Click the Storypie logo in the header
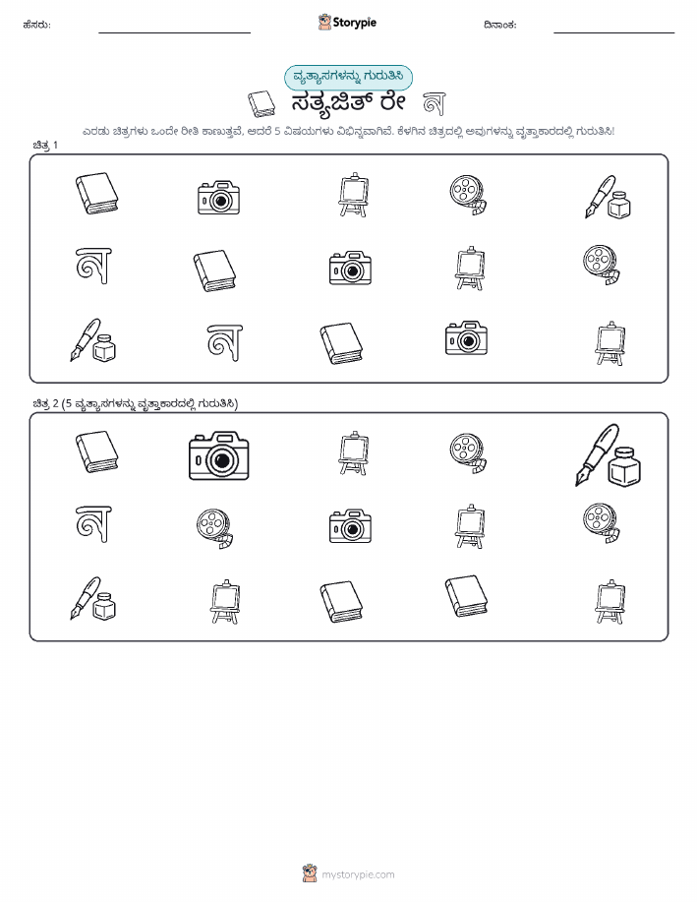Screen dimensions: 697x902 [347, 23]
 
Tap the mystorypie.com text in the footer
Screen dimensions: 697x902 [358, 874]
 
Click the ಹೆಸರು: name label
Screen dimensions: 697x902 [36, 25]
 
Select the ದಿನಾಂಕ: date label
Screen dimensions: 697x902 [500, 25]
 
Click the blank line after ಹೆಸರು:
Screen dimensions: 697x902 [174, 32]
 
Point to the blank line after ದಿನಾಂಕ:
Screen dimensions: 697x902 [613, 32]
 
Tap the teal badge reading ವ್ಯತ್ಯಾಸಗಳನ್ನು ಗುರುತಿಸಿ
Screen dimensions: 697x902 [348, 78]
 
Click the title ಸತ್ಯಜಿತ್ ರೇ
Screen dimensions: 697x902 [348, 103]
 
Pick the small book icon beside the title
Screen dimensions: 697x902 [261, 103]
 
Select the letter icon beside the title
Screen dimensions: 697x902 [435, 103]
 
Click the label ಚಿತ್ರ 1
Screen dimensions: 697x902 [45, 145]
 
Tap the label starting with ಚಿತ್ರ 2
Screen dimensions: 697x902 [135, 404]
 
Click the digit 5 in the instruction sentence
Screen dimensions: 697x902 [277, 131]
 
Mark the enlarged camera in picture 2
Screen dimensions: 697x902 [219, 455]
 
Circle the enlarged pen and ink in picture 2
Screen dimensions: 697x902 [609, 455]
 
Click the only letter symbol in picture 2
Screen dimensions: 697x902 [93, 523]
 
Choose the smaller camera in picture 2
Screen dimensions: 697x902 [350, 526]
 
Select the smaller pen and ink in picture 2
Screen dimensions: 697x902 [93, 599]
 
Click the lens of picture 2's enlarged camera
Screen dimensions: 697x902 [221, 460]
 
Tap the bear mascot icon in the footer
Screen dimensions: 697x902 [310, 873]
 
